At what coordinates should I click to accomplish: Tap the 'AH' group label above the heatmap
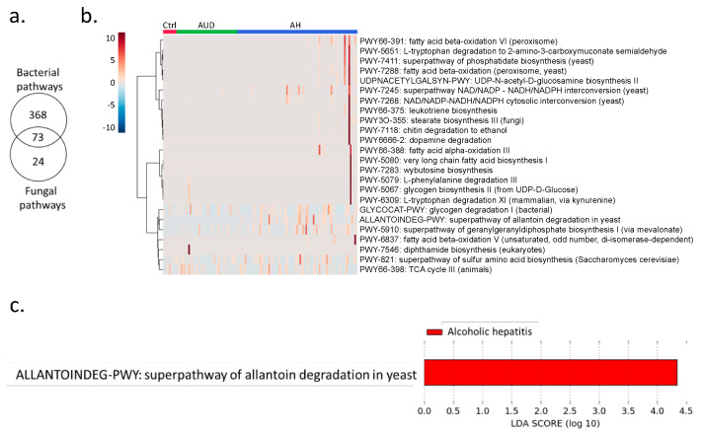click(x=295, y=22)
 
